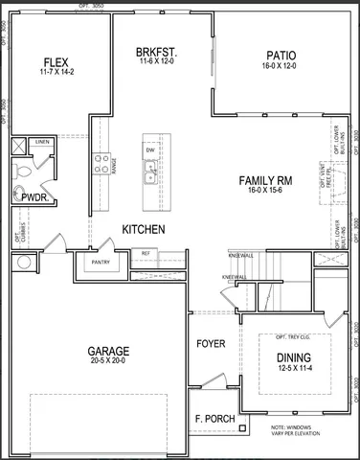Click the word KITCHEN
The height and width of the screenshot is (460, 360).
coord(144,230)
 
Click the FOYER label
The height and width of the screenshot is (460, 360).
coord(211,343)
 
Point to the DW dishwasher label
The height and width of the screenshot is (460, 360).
coord(150,150)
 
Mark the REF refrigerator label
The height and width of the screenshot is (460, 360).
coord(146,253)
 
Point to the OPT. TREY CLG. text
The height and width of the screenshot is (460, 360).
coord(294,338)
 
